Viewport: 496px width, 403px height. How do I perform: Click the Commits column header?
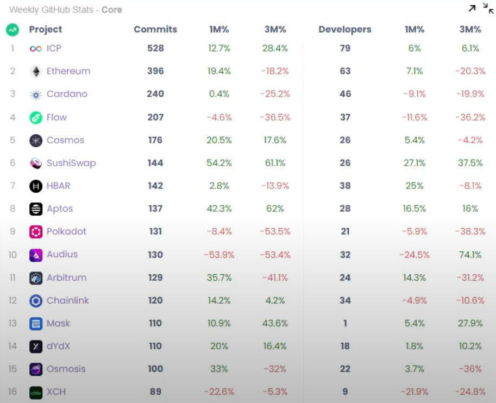[155, 29]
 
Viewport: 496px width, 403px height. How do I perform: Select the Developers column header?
[345, 29]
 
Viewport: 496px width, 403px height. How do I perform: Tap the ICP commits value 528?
[155, 48]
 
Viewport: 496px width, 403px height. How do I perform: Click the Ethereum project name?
[68, 71]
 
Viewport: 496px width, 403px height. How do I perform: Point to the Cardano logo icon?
[36, 95]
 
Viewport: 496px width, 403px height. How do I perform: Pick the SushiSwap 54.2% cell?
[219, 163]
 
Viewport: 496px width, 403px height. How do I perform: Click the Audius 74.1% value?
[470, 254]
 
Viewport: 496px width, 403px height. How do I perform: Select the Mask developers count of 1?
[345, 323]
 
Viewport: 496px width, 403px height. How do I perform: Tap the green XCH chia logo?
[36, 392]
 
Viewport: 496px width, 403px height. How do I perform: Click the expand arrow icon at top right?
[472, 8]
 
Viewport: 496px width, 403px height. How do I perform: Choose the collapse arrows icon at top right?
[488, 8]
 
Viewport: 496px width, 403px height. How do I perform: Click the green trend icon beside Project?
[12, 30]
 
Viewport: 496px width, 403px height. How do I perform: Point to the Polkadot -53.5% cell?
[274, 231]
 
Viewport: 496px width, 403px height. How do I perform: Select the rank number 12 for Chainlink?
[12, 300]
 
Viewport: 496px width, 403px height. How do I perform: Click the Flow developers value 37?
[345, 117]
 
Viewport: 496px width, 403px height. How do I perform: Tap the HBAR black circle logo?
[36, 186]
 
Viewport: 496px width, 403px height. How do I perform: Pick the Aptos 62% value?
[274, 209]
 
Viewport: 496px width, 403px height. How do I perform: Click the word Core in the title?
[112, 10]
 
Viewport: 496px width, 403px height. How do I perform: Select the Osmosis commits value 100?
[155, 369]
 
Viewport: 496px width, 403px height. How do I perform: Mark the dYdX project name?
[58, 346]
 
